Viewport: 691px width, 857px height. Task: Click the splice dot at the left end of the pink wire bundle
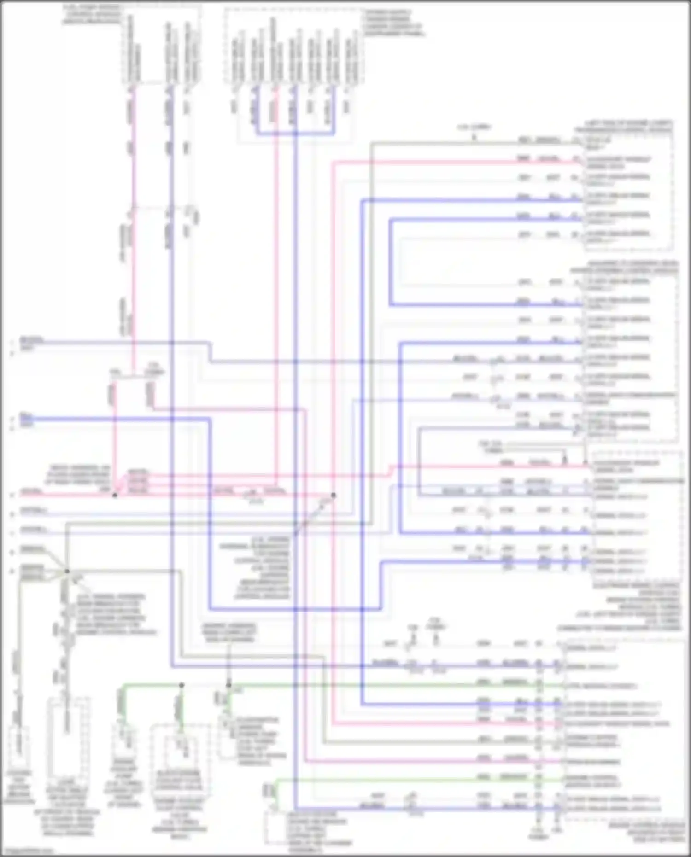point(115,495)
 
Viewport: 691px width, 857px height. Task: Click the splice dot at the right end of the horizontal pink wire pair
point(333,496)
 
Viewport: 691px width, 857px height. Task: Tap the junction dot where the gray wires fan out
point(67,571)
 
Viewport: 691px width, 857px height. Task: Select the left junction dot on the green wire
point(182,685)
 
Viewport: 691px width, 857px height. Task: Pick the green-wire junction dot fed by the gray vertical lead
point(228,685)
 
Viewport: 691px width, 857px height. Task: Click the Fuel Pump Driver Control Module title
point(92,14)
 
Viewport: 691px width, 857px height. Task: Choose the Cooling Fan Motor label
point(18,787)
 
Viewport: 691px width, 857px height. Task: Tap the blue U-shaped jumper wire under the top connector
point(295,134)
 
